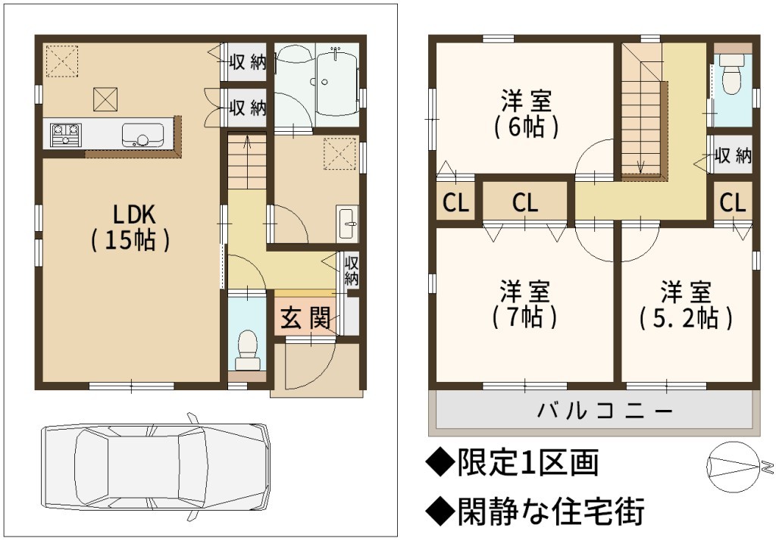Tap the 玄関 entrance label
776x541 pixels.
point(305,317)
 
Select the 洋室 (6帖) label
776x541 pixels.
point(526,114)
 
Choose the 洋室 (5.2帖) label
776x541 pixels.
point(686,305)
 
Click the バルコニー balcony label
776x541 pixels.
point(605,411)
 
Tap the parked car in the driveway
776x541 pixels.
point(155,466)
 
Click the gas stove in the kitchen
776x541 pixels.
point(65,134)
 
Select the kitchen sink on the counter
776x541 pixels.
point(142,135)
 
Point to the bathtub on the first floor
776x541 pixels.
point(337,84)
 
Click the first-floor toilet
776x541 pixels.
point(247,349)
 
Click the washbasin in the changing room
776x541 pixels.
point(347,223)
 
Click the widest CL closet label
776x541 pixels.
point(525,202)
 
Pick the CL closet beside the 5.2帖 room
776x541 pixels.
point(733,202)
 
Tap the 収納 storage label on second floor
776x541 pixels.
point(733,155)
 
